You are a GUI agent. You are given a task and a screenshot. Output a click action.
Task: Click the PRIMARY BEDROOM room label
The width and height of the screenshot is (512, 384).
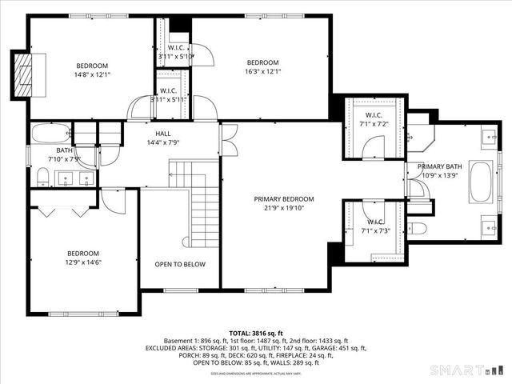[284, 199]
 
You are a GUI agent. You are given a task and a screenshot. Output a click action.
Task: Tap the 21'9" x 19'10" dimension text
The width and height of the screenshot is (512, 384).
[284, 208]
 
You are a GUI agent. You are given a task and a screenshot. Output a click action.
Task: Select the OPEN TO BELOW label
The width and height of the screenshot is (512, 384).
[180, 265]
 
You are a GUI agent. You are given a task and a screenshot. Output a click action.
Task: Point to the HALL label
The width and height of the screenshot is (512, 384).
[162, 134]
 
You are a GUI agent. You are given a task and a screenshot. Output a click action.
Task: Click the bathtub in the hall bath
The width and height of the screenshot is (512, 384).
[50, 133]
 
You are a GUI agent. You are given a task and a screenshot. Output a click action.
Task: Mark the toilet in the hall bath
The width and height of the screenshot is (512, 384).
[42, 176]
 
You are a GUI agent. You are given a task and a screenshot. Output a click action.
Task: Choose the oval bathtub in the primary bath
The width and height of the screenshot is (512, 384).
[482, 182]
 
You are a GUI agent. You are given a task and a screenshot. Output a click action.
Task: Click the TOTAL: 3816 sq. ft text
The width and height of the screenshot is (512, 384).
[256, 332]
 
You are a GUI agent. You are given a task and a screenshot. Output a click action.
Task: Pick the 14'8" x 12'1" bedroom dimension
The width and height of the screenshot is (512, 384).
[92, 74]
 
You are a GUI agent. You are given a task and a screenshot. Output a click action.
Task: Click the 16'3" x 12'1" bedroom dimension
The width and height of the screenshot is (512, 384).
[262, 72]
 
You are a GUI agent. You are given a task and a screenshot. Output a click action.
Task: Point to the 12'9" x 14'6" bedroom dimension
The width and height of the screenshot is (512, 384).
[83, 262]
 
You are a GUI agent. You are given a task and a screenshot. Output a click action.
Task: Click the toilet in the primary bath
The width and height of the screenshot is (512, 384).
[418, 228]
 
